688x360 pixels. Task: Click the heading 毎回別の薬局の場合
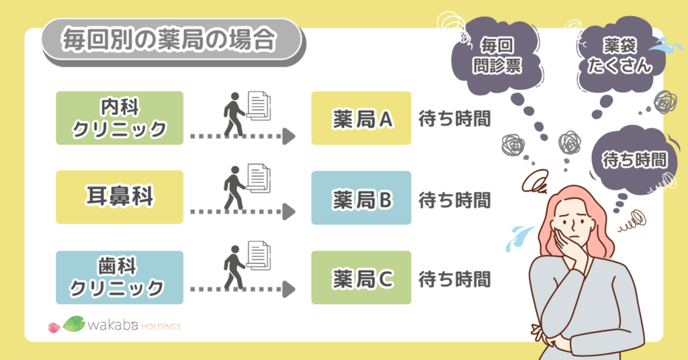point(168,41)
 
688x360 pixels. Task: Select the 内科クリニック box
point(120,118)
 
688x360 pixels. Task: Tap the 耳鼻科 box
point(120,197)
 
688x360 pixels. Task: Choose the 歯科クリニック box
point(120,277)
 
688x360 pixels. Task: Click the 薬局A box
point(361,118)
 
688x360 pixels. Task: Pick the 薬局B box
point(361,198)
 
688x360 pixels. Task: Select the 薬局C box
point(361,277)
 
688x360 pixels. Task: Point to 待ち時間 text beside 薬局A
point(454,119)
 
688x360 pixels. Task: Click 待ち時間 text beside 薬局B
point(454,199)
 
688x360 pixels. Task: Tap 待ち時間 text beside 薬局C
point(454,277)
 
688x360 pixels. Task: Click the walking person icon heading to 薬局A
point(234,116)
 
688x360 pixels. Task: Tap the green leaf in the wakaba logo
point(74,324)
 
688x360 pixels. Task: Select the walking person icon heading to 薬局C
point(234,268)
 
